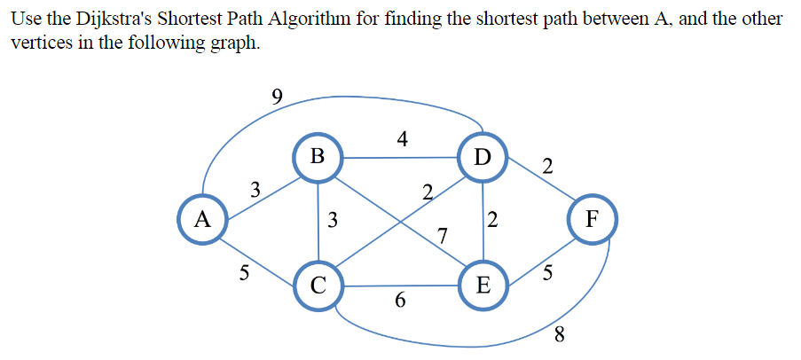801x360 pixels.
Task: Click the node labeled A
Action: coord(202,218)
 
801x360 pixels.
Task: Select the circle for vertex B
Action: coord(318,157)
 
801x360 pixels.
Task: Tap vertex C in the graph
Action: coord(318,286)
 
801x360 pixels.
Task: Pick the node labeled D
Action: coord(483,157)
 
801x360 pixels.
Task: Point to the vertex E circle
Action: coord(483,286)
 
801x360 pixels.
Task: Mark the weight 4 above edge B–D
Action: coord(403,138)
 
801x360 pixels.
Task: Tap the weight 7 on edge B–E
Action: coord(443,235)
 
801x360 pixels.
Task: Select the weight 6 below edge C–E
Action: coord(400,301)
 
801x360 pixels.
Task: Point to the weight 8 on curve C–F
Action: coord(559,334)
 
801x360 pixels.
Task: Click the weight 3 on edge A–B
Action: coord(255,188)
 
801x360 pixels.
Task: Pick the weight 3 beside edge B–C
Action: coord(332,220)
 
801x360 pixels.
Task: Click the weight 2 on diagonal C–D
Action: coord(428,192)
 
